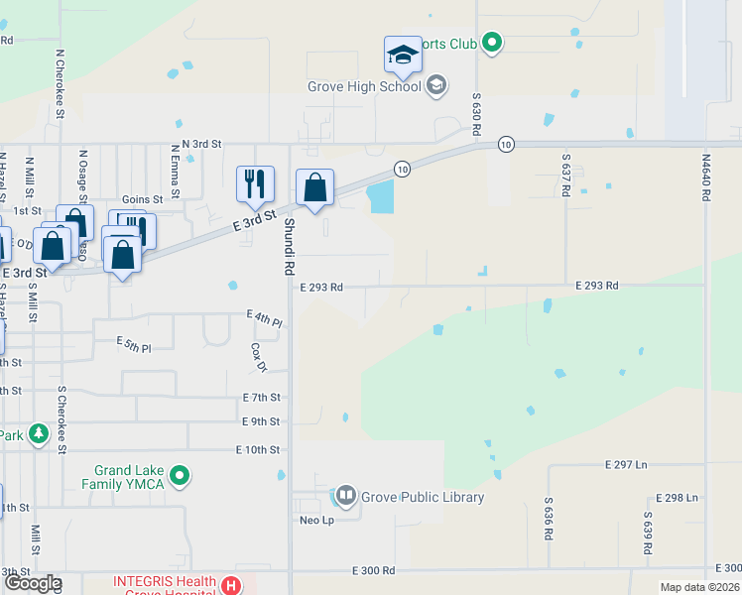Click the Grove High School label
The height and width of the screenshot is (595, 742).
tap(364, 86)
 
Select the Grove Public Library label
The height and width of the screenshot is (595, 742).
tap(423, 497)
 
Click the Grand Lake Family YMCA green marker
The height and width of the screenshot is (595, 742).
tap(180, 477)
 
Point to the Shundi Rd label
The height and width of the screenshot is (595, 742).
tap(290, 247)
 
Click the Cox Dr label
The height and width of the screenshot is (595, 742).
tap(259, 358)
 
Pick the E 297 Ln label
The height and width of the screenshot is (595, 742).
tap(626, 464)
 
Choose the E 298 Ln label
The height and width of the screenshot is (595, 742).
tap(679, 497)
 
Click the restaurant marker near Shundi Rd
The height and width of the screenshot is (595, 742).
tap(254, 183)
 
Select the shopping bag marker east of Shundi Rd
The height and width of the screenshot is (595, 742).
tap(314, 187)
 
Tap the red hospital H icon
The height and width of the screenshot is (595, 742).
tap(231, 586)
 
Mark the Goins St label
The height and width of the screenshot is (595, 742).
tap(142, 199)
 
